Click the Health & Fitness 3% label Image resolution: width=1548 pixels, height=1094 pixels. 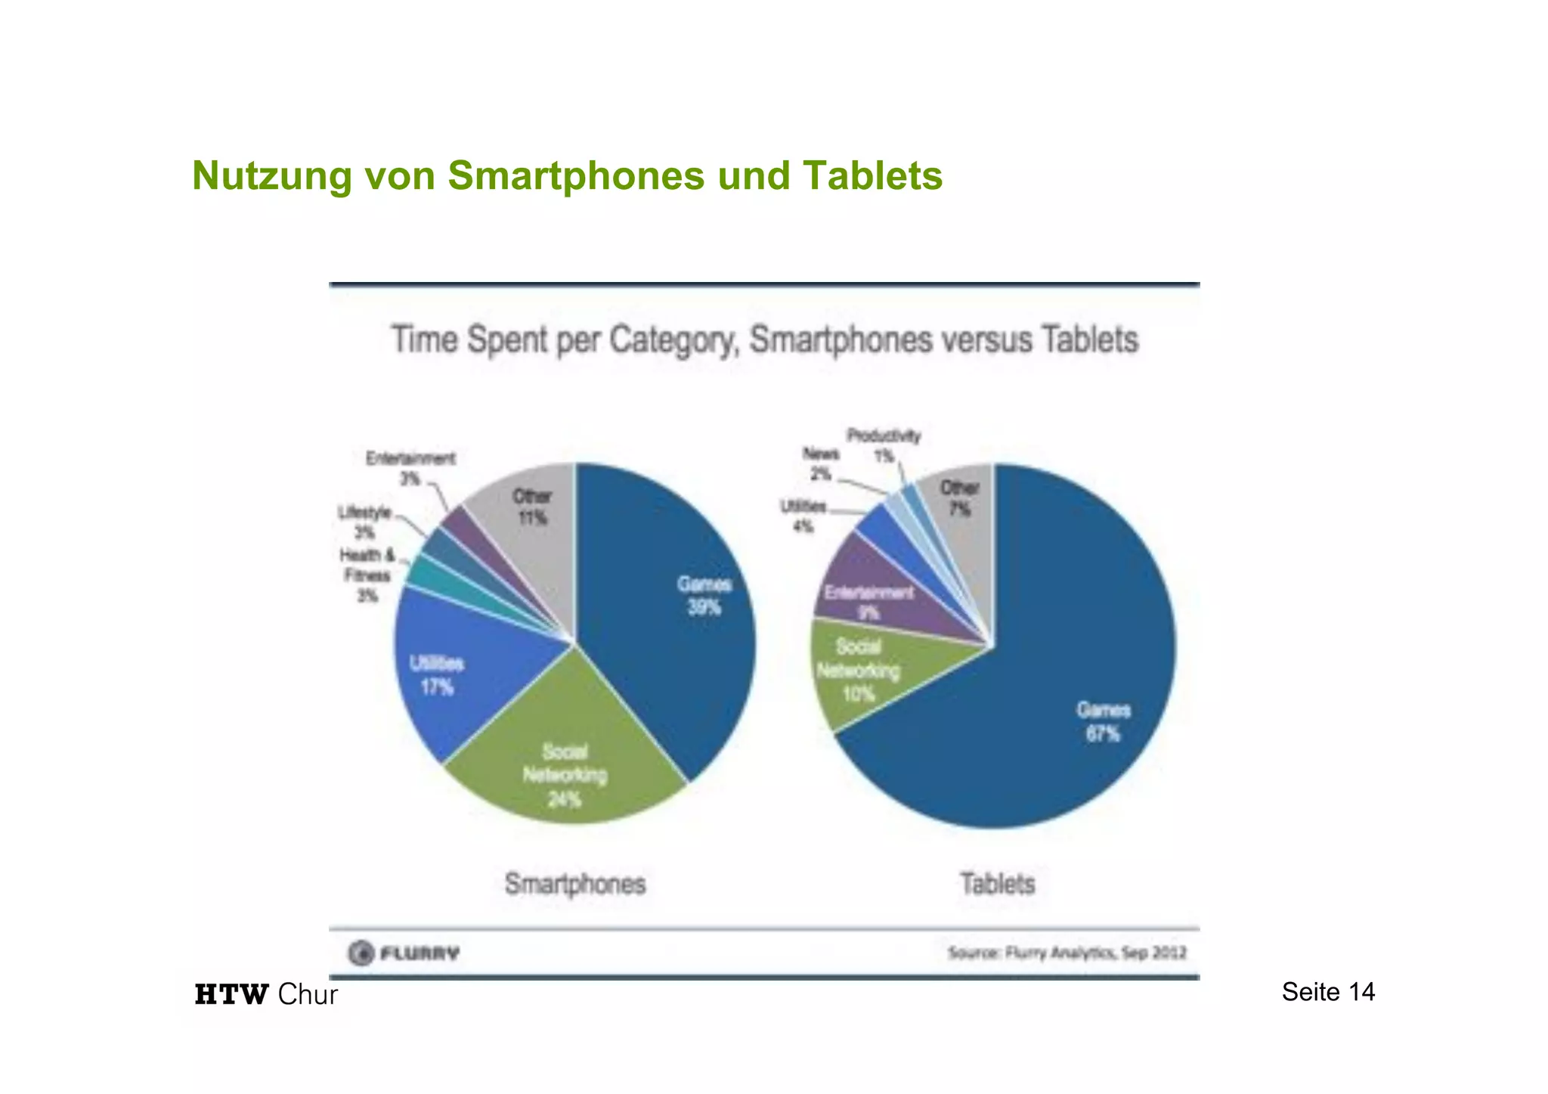[367, 575]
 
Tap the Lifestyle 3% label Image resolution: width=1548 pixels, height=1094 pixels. [364, 522]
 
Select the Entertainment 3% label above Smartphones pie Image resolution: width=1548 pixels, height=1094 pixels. [410, 468]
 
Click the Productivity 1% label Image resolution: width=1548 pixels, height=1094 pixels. [884, 445]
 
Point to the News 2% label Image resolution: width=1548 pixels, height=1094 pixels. [820, 463]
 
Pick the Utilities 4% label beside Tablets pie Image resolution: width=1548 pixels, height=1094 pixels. [803, 516]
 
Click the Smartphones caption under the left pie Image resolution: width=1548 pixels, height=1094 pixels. [575, 884]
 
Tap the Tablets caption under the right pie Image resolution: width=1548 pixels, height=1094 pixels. [997, 884]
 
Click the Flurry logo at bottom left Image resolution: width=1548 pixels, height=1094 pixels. [404, 953]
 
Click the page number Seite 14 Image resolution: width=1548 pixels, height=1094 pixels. [1328, 992]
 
